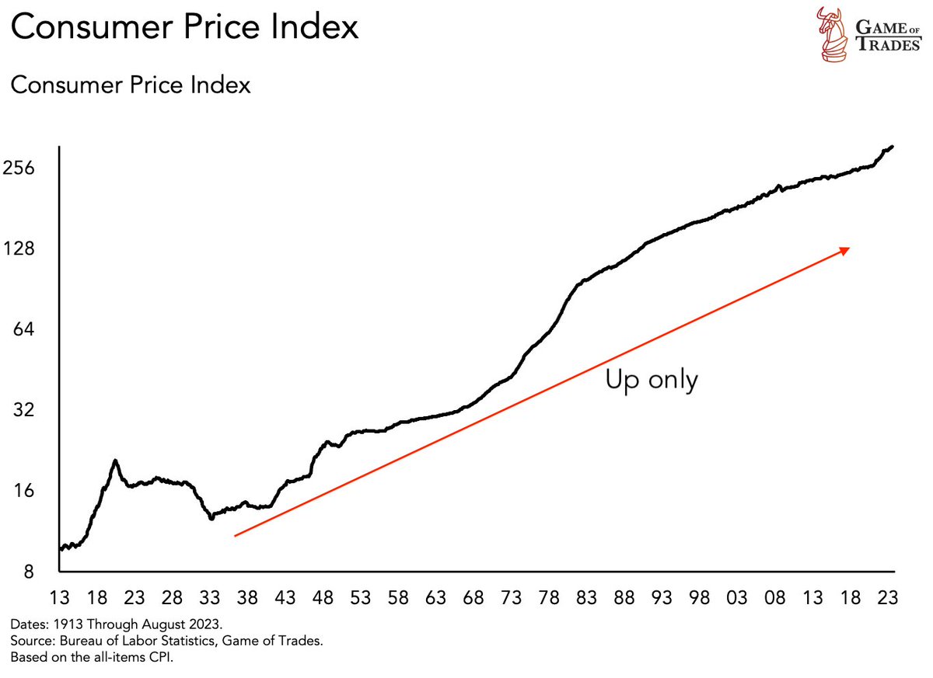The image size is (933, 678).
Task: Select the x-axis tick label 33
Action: coord(210,598)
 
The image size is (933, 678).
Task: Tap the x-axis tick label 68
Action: coord(473,598)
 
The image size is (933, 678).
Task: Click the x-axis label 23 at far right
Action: coord(888,598)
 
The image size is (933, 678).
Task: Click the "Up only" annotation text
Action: coord(652,381)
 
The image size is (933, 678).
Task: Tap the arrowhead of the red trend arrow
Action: coord(844,249)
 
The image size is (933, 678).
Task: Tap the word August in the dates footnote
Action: coord(149,624)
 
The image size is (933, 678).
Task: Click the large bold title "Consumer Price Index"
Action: coord(185,27)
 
